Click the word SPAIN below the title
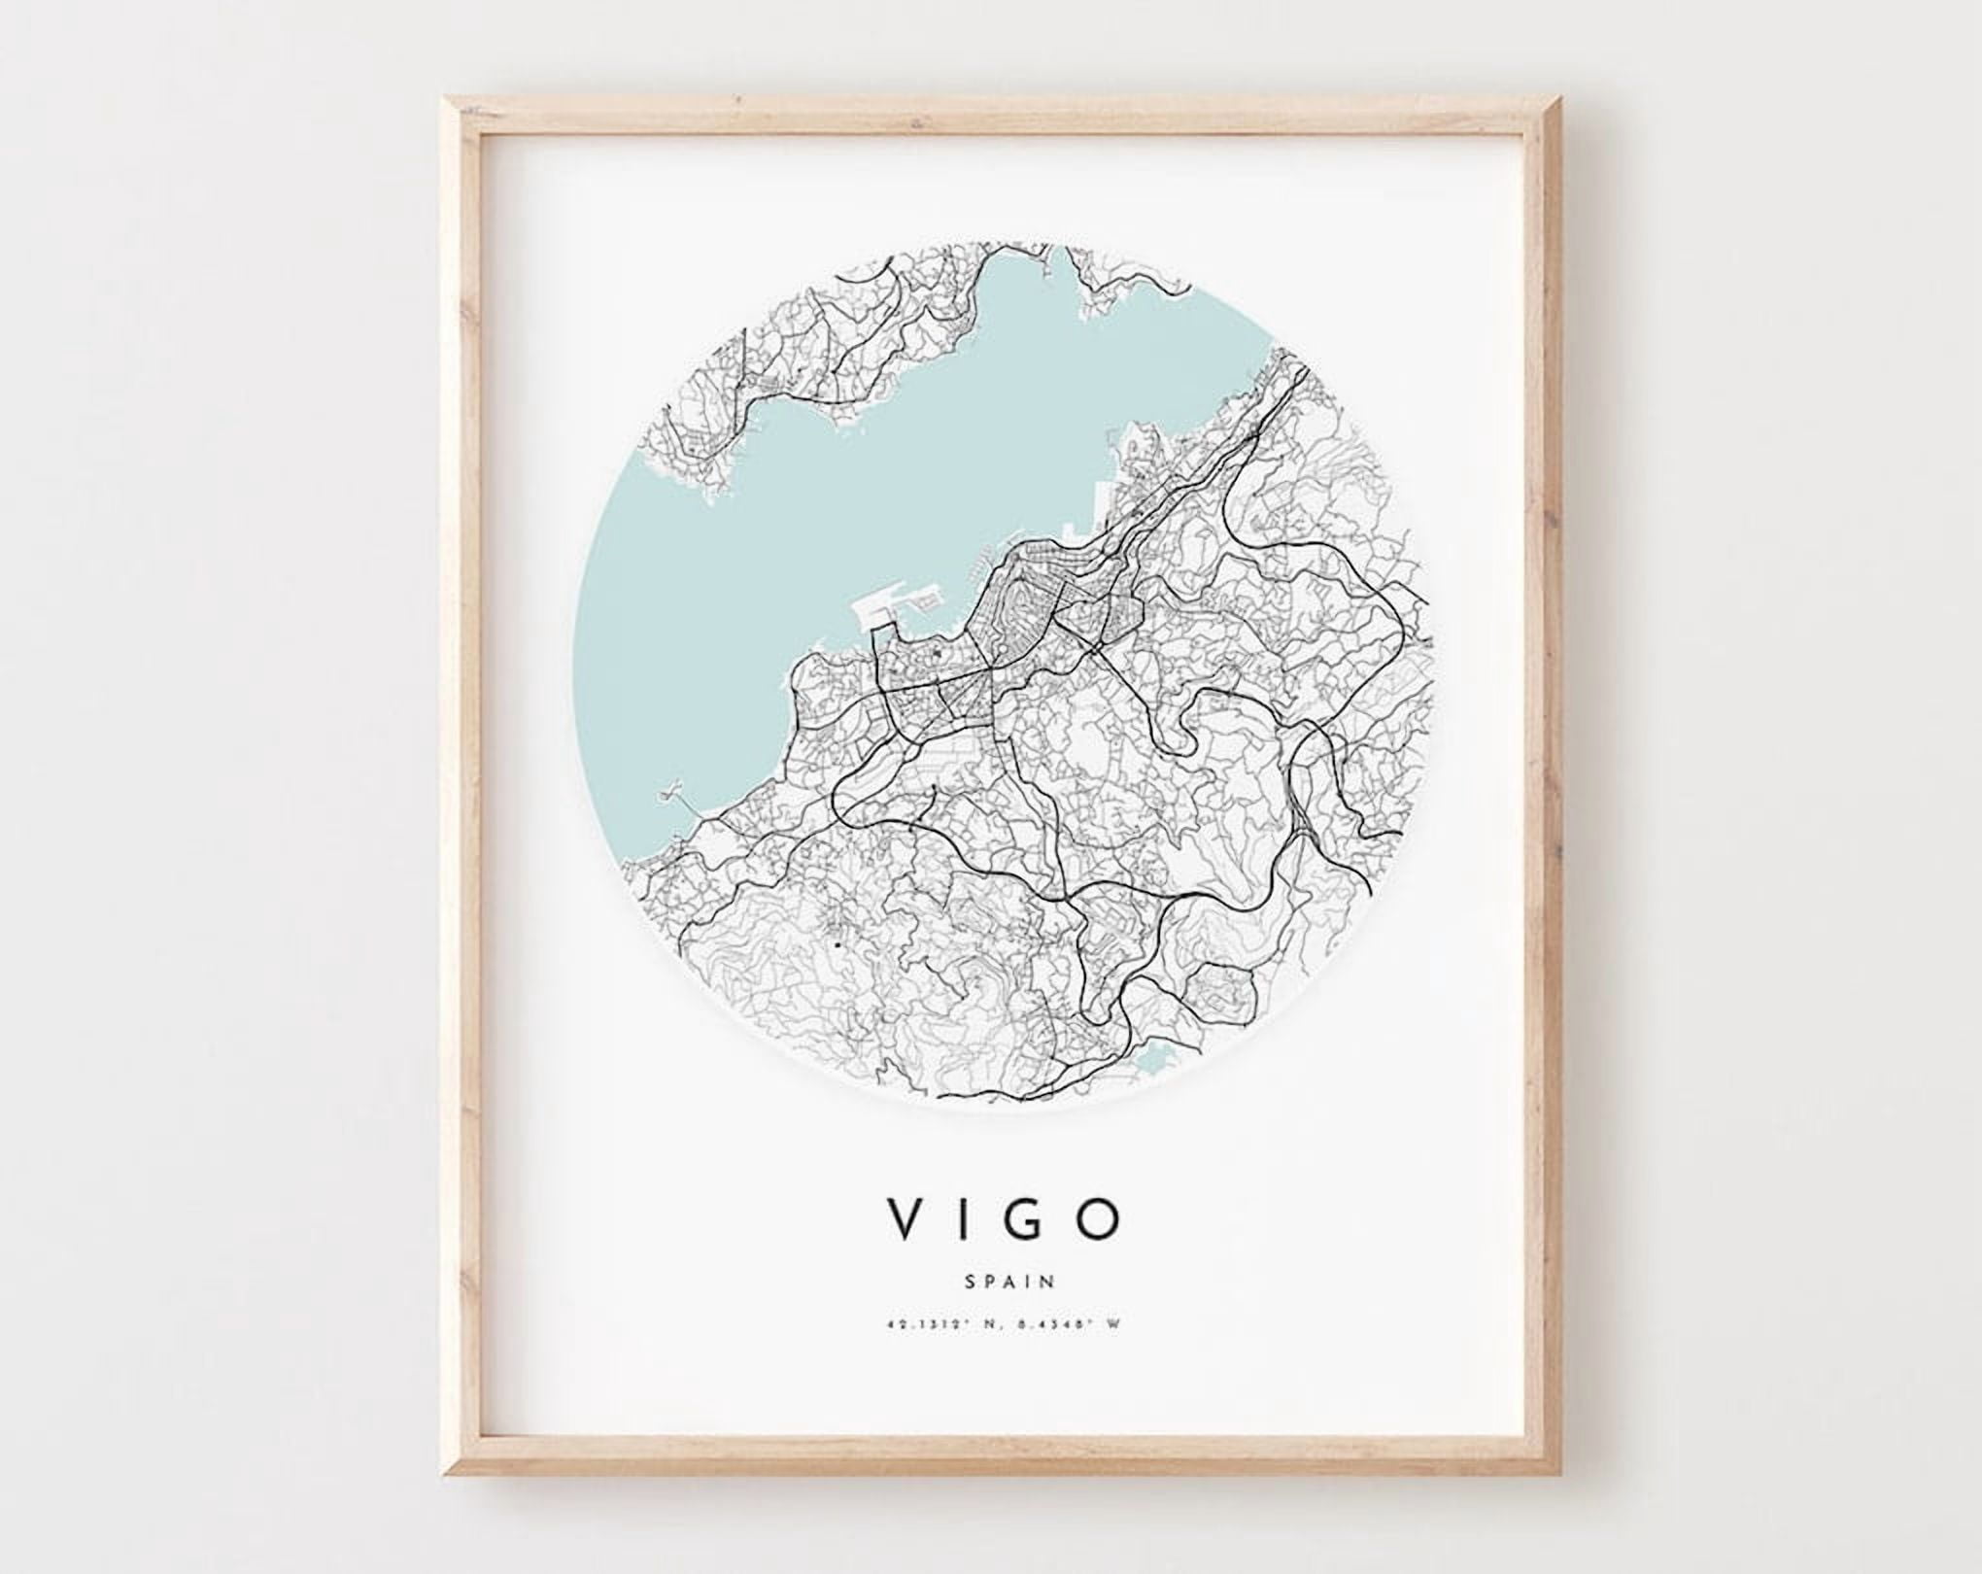tap(1010, 1282)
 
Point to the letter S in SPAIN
tap(971, 1282)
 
